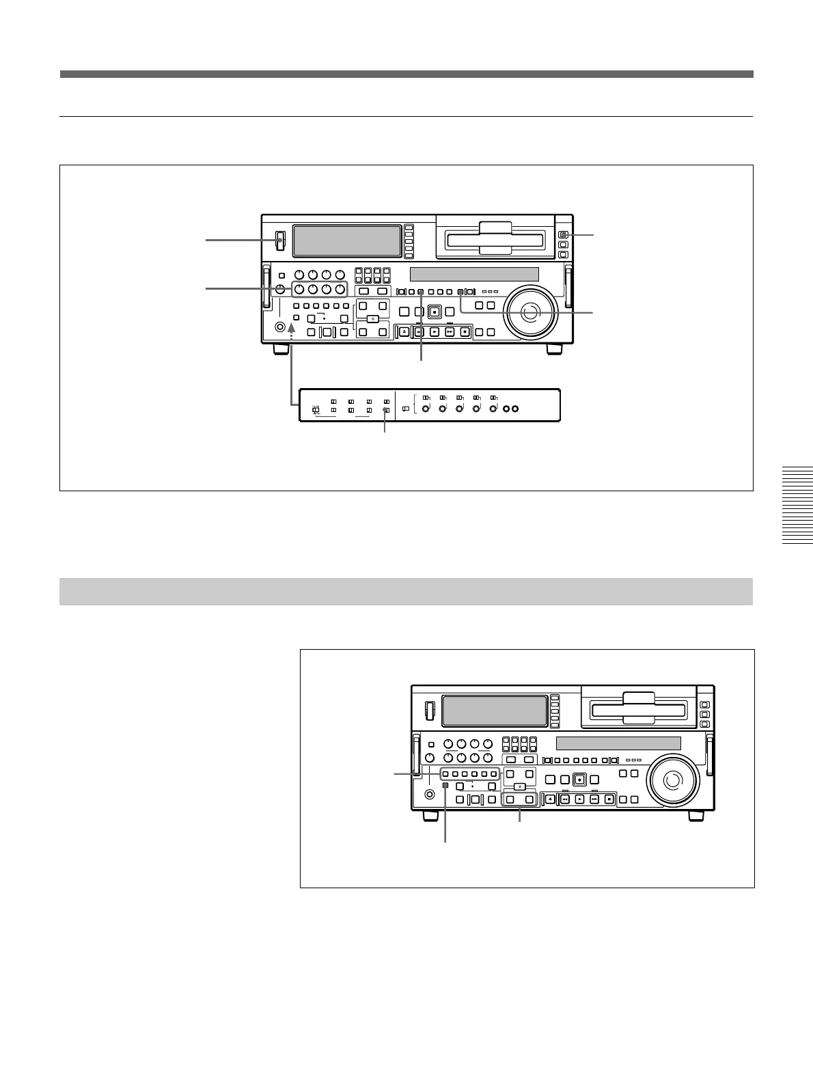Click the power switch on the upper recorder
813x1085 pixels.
point(279,241)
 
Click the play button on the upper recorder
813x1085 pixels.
point(434,332)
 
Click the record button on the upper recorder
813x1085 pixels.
point(435,312)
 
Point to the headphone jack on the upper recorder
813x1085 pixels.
point(279,327)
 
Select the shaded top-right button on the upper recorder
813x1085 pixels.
point(562,235)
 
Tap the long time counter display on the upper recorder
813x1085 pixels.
point(474,275)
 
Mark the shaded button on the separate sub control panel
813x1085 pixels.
point(386,410)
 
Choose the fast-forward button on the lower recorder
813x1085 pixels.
point(594,799)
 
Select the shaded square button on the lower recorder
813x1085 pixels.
point(445,786)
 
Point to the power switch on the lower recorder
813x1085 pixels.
point(429,710)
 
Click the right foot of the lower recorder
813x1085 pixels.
point(695,816)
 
